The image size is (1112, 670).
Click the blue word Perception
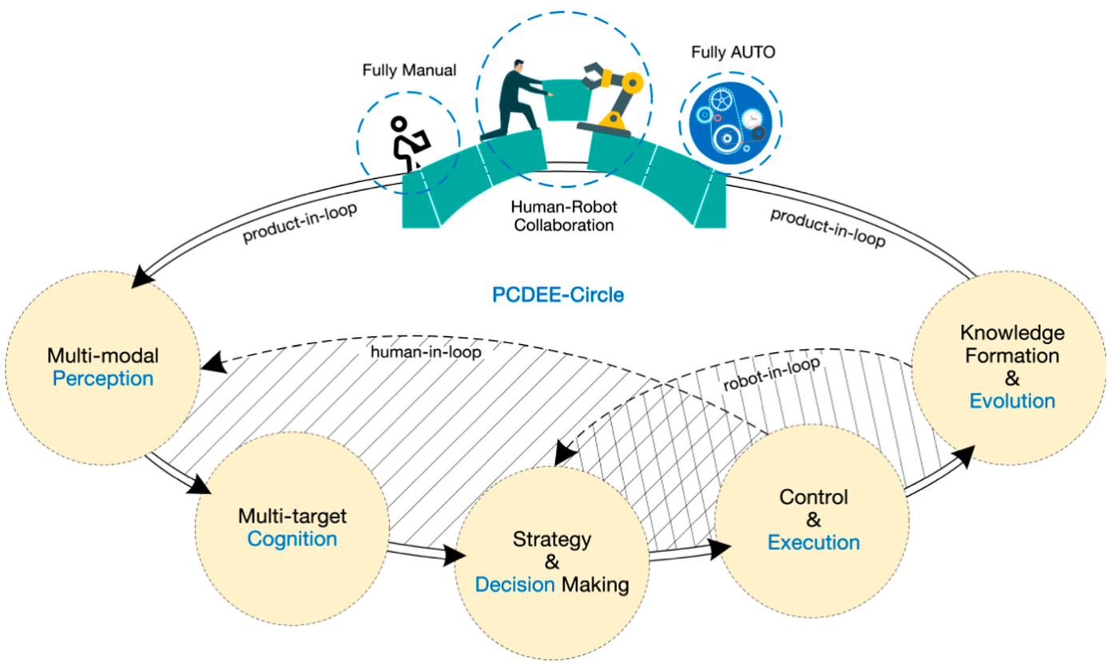tap(103, 378)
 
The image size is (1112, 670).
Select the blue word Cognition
tap(292, 538)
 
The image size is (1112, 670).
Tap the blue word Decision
tap(514, 584)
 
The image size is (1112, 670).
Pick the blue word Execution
tap(813, 542)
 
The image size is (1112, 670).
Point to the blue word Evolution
tap(1012, 400)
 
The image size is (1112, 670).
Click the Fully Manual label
tap(408, 70)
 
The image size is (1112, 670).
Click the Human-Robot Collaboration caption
tap(563, 216)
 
